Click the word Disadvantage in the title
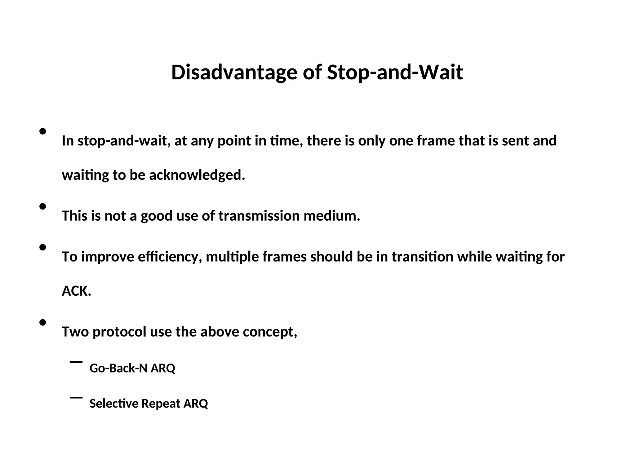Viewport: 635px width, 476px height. point(234,73)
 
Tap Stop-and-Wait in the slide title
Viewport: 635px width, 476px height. point(395,73)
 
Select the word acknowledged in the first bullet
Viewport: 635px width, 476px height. point(197,175)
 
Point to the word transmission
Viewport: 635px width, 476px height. point(259,216)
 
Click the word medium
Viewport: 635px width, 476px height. point(332,216)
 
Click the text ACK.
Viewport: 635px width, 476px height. point(76,291)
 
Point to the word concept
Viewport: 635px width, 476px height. point(270,332)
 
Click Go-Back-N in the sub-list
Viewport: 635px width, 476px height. point(118,368)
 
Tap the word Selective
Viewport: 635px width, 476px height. point(113,403)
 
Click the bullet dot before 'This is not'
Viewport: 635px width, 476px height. point(43,206)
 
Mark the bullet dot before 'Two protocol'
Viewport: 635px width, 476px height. point(43,323)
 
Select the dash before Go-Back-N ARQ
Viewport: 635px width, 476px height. point(76,362)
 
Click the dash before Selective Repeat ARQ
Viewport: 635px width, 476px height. point(76,397)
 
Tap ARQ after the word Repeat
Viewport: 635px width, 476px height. point(196,403)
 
